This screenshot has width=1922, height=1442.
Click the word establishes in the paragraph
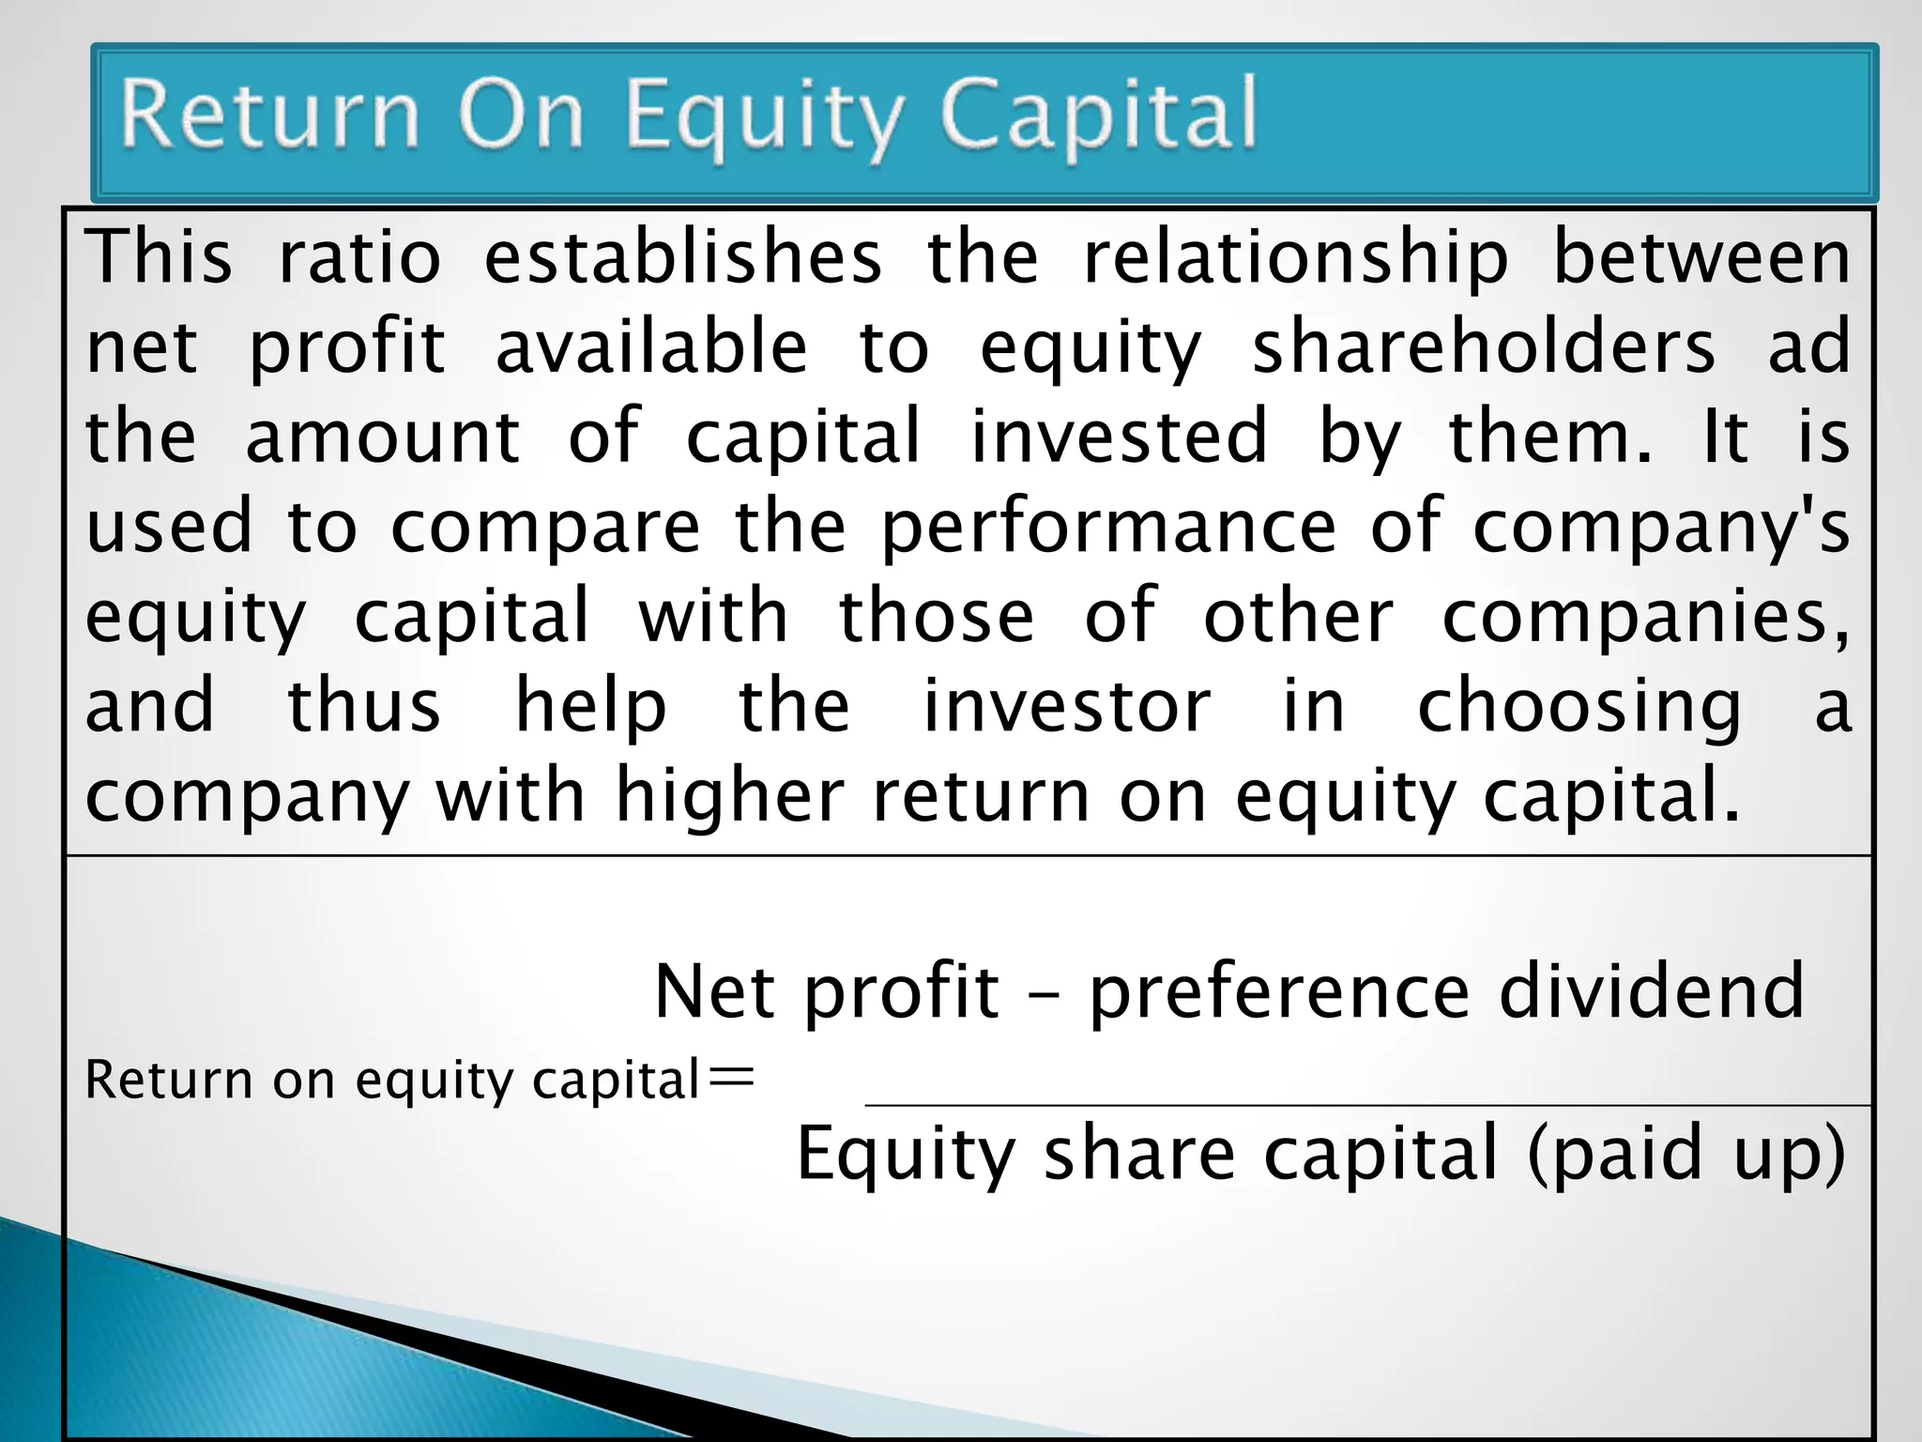pyautogui.click(x=683, y=257)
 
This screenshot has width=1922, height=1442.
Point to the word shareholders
pyautogui.click(x=1484, y=347)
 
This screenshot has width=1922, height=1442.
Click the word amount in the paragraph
pyautogui.click(x=382, y=437)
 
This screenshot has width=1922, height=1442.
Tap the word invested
pyautogui.click(x=1119, y=437)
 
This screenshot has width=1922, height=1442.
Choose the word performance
pyautogui.click(x=1108, y=528)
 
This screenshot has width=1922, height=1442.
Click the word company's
pyautogui.click(x=1661, y=528)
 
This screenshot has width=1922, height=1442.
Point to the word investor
pyautogui.click(x=1067, y=706)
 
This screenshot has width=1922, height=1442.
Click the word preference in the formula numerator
pyautogui.click(x=1278, y=992)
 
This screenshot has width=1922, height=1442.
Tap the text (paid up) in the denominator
pyautogui.click(x=1686, y=1155)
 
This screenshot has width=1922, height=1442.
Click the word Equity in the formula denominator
pyautogui.click(x=906, y=1155)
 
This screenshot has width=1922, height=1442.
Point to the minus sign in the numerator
pyautogui.click(x=1044, y=995)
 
